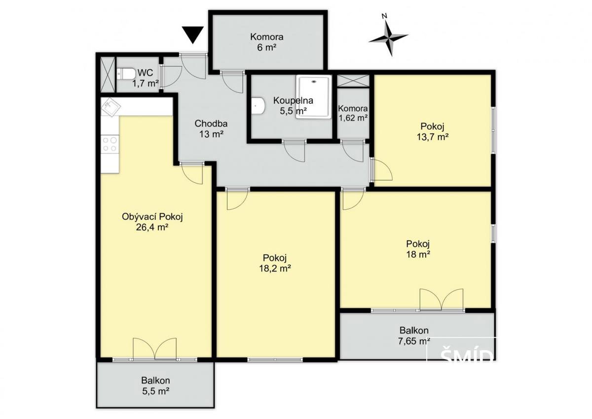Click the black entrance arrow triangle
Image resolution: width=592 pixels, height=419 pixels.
[193, 35]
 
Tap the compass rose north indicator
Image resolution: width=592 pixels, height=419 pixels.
[388, 38]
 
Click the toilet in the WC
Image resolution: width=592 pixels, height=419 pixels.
[126, 74]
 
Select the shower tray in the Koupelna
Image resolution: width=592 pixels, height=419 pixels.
[314, 97]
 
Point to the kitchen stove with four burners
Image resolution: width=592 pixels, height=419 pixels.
[110, 144]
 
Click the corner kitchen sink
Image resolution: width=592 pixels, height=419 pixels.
[111, 107]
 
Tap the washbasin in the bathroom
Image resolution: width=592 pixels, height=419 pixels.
[258, 106]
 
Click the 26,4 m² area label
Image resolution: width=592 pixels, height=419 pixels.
[152, 227]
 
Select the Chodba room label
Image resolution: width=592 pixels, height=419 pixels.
[211, 123]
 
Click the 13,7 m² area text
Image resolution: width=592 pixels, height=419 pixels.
[432, 137]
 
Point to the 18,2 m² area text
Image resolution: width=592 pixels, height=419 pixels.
[275, 268]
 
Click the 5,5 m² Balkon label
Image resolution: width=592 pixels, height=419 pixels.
[156, 386]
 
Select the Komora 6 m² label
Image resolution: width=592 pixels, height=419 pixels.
[267, 42]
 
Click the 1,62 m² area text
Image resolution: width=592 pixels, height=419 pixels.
[353, 118]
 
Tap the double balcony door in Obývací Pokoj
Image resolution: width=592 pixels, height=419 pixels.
[154, 349]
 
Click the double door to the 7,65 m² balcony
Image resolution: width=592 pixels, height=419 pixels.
[442, 299]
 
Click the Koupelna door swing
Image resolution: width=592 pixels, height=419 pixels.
[295, 151]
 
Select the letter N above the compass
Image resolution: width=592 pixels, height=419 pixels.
[384, 16]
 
